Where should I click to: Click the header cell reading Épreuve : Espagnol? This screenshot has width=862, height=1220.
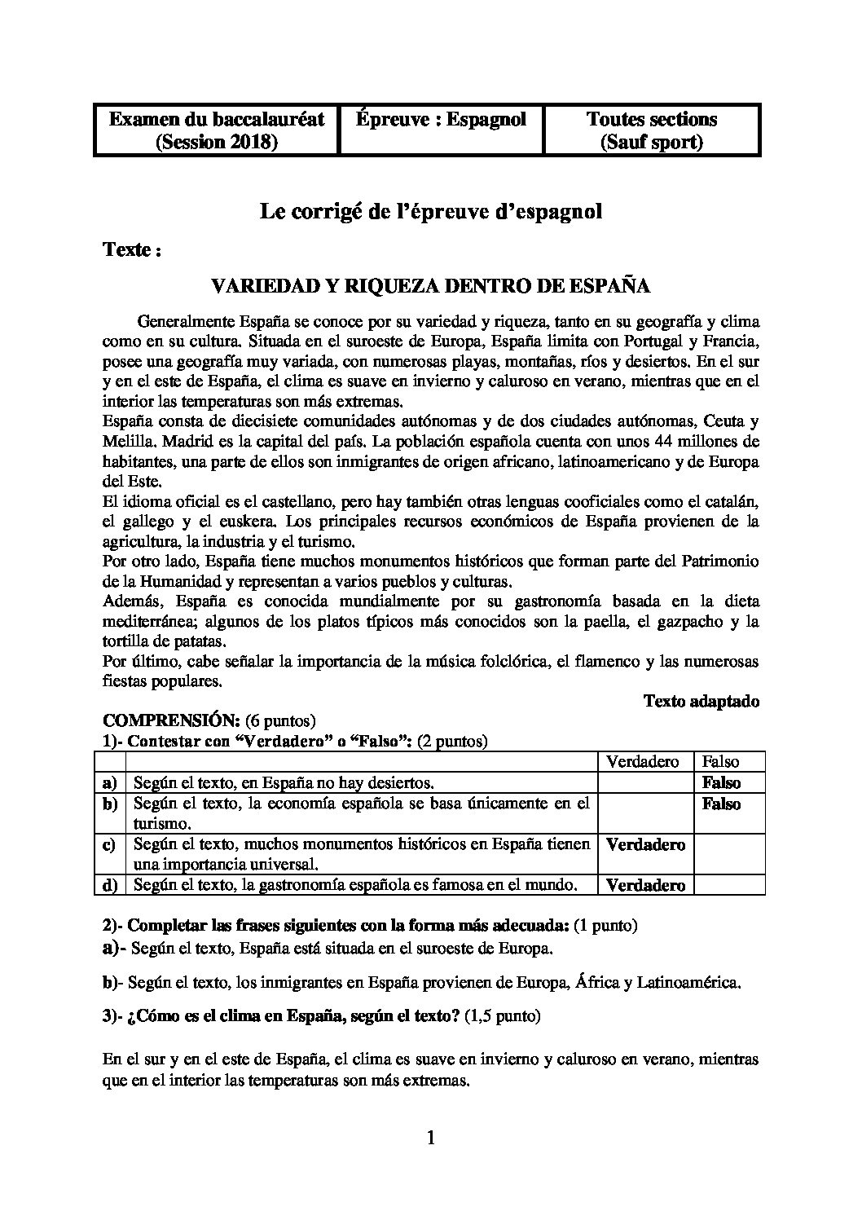click(x=441, y=120)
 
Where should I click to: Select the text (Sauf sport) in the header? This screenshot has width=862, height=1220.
click(x=651, y=143)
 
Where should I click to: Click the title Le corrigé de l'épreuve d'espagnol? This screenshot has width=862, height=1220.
click(x=430, y=213)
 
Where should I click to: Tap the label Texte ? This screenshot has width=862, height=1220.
click(x=132, y=250)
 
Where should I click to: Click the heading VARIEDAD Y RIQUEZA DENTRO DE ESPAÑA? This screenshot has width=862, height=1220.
click(x=430, y=286)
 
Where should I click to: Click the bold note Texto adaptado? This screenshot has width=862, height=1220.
click(x=701, y=701)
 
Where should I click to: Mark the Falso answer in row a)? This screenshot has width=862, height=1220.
click(x=721, y=783)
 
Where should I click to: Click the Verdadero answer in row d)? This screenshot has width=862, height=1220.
click(x=645, y=885)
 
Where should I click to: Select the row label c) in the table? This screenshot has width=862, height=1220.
click(x=108, y=844)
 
